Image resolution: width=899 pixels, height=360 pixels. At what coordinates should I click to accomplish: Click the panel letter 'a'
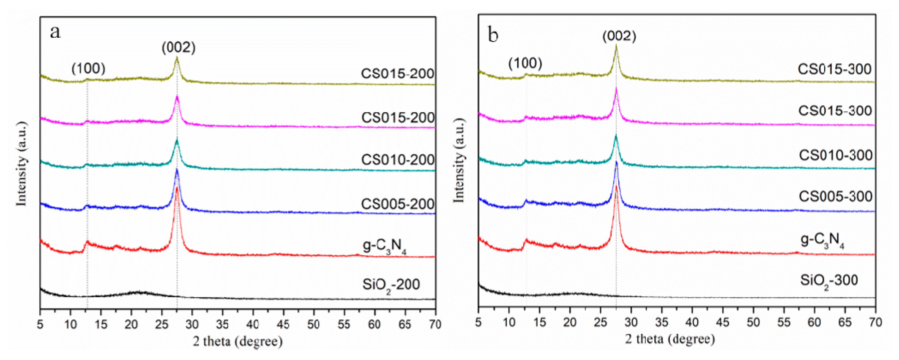[55, 32]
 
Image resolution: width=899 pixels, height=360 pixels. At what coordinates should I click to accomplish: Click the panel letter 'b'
[493, 35]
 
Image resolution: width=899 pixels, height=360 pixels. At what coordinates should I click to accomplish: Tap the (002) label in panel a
[178, 47]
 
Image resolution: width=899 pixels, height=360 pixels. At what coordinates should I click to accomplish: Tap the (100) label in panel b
[525, 63]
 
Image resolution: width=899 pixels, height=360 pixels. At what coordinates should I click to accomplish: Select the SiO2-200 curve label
[391, 285]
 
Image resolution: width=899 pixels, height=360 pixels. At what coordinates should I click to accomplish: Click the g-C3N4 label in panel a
[384, 246]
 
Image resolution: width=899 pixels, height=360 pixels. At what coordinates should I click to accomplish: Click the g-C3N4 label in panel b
[822, 241]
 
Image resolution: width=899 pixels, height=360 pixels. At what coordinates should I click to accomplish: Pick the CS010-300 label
[836, 155]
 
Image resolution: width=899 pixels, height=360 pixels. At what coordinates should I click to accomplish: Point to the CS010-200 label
[397, 160]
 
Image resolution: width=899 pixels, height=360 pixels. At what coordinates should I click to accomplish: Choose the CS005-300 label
[835, 196]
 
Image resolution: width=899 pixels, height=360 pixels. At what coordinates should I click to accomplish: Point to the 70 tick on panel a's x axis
[435, 325]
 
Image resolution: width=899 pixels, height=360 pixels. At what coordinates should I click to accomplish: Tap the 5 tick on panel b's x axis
[478, 322]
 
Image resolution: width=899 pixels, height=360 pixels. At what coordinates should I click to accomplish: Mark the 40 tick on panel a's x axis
[253, 325]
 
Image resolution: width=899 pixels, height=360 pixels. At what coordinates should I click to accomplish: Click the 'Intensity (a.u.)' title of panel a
[22, 164]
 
